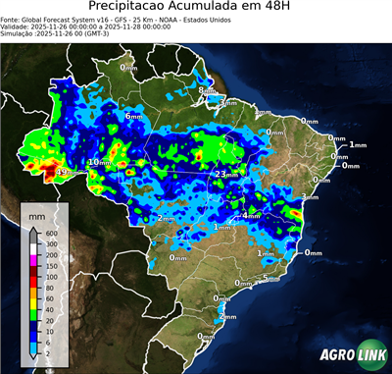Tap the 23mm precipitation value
(x=223, y=174)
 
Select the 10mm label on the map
(x=99, y=162)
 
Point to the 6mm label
(x=134, y=117)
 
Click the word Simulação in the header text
(x=17, y=34)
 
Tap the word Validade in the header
(x=17, y=27)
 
